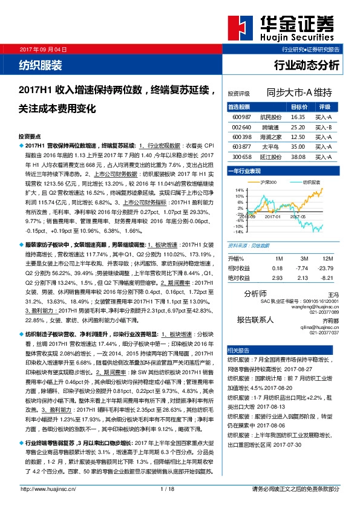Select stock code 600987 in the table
241,117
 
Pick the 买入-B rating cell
324,127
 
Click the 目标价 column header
299,106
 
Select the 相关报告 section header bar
286,350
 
